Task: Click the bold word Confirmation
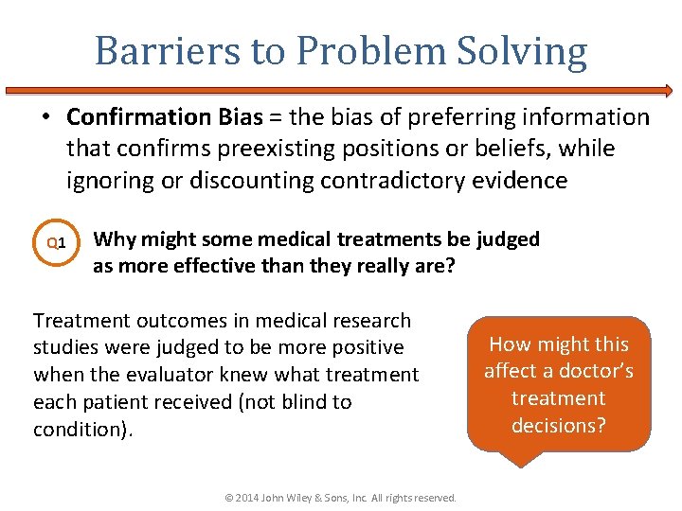138,117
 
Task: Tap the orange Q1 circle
56,244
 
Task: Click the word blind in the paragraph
293,401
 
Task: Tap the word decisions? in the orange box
559,425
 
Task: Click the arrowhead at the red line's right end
667,92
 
